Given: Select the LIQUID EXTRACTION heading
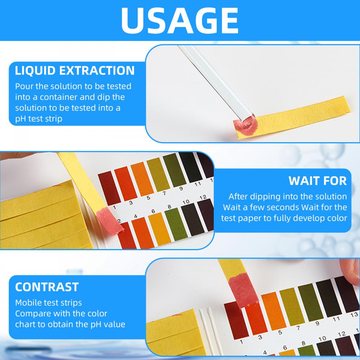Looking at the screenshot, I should coord(75,70).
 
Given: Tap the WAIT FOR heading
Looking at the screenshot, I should coord(318,180).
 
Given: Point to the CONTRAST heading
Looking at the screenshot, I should coord(47,287).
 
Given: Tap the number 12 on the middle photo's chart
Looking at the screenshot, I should coord(203,197).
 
